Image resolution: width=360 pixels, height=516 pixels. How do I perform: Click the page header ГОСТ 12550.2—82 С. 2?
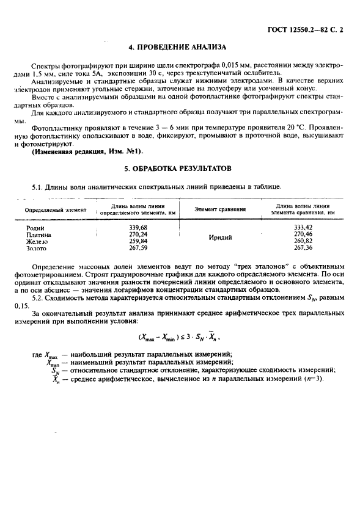[x=308, y=28]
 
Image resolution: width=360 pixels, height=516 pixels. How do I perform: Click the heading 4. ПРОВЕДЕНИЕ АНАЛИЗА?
[x=178, y=46]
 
